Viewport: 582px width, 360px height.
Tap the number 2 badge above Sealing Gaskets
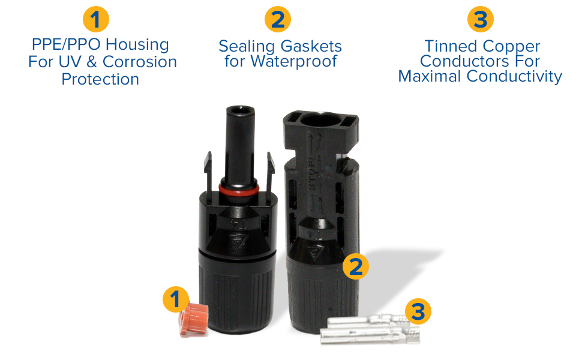[277, 20]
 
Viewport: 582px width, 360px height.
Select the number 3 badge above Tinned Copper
[480, 20]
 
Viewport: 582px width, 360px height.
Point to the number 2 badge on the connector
[356, 266]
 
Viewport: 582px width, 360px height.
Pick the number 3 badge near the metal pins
[418, 311]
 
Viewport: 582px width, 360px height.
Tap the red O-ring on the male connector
[239, 190]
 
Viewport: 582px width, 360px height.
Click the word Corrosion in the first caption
[140, 62]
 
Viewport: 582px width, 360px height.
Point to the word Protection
[100, 79]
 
